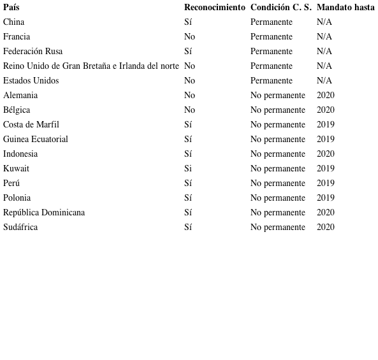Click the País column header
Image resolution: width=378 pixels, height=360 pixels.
11,8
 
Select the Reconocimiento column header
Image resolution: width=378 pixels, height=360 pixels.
214,8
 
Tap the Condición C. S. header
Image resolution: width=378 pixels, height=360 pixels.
280,8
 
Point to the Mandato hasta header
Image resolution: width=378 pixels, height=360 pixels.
345,8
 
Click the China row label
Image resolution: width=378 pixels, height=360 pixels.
14,22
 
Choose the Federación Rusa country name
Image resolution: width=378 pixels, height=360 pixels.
33,52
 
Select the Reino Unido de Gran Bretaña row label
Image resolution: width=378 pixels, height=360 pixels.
91,66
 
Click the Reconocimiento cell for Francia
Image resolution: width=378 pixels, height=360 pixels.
189,37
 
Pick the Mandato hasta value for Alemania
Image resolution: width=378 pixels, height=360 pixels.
325,96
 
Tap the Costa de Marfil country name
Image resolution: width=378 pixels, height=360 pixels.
31,125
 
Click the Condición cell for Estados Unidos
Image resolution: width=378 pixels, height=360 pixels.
271,81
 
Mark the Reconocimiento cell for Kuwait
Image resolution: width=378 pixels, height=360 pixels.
188,169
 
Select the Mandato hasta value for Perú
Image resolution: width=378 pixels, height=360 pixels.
325,184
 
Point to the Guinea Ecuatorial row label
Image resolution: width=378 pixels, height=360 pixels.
36,140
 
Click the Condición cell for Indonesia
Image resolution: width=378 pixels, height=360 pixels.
277,154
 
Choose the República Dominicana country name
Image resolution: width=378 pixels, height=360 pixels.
44,213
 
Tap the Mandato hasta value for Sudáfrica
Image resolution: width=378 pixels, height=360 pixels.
325,227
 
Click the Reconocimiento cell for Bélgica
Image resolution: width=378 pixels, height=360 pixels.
189,110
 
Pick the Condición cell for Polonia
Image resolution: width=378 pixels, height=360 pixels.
277,198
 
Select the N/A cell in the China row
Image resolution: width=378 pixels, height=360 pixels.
324,22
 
